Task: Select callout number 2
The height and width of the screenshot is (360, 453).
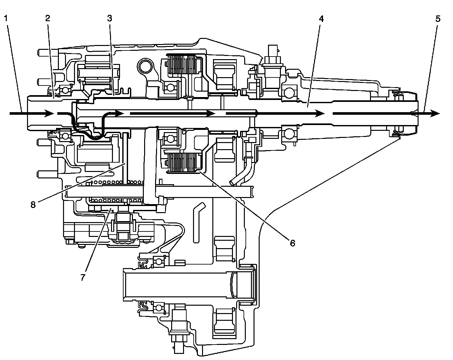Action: click(x=48, y=18)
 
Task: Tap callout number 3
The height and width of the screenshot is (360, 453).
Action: click(x=109, y=18)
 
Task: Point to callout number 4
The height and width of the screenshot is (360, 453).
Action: click(x=321, y=18)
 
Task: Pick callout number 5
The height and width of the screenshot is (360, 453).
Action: click(x=438, y=18)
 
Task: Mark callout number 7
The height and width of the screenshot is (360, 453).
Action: click(x=83, y=277)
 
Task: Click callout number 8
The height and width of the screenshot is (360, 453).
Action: click(x=33, y=205)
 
